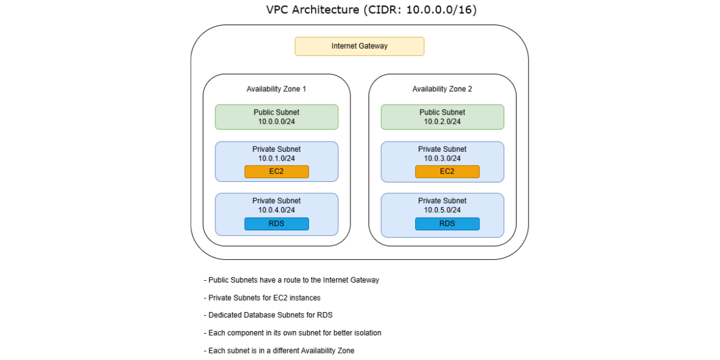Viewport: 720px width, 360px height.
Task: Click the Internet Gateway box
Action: (x=359, y=46)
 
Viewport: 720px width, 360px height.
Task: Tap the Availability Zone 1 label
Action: (x=276, y=89)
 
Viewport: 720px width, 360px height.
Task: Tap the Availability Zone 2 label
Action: (x=442, y=89)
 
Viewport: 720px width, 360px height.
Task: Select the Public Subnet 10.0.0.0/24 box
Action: (x=277, y=117)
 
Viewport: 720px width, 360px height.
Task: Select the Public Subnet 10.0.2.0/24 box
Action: (x=442, y=117)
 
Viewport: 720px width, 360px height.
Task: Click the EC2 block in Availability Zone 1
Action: (x=277, y=172)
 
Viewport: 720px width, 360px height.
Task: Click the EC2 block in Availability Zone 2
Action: (x=447, y=172)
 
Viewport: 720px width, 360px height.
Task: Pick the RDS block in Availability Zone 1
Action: (x=277, y=224)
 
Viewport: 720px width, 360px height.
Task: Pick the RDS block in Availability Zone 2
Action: (x=447, y=224)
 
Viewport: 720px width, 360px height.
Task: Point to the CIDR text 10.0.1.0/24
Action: (x=277, y=158)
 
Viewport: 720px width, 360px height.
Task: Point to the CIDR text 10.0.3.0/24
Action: (x=442, y=158)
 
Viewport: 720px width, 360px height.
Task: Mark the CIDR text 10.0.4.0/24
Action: (x=277, y=210)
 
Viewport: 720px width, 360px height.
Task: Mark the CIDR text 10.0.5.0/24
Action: (x=442, y=210)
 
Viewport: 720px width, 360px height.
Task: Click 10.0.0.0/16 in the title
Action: (x=441, y=10)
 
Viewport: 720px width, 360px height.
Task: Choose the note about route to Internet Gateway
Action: (x=292, y=280)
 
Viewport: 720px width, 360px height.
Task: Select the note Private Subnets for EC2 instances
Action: (x=265, y=298)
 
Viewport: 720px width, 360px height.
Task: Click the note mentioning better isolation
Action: (x=293, y=332)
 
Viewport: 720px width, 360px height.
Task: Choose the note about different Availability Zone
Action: (x=279, y=350)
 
